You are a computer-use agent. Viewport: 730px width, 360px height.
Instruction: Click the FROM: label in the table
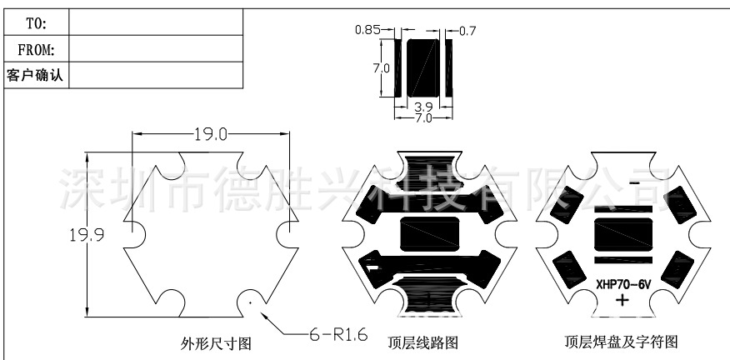coord(36,49)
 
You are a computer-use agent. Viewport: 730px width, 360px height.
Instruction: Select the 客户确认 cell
coord(36,75)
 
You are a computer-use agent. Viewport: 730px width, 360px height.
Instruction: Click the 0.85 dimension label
coord(367,30)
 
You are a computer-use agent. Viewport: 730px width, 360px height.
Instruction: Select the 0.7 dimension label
coord(467,31)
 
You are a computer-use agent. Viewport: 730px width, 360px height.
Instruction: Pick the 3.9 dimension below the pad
coord(422,107)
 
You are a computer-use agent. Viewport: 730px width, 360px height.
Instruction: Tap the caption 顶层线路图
coord(422,342)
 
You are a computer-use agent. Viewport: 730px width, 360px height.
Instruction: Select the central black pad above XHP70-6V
coord(622,234)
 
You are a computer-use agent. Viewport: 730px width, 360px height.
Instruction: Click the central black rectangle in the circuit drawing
coord(429,234)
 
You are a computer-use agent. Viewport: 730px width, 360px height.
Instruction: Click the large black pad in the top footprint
coord(423,65)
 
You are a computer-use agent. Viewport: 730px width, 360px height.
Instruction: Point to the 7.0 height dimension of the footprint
coord(382,67)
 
